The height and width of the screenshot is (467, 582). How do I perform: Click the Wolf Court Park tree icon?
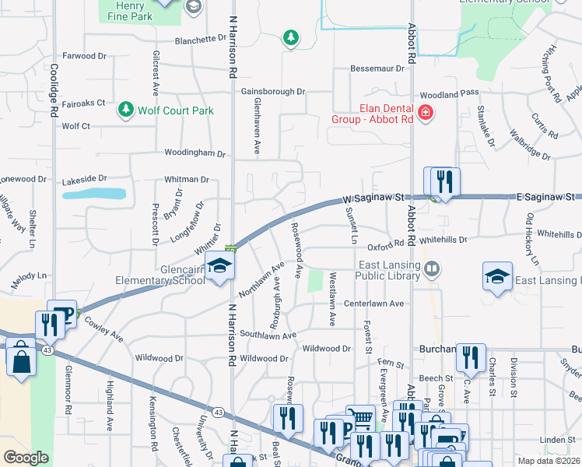[x=125, y=110]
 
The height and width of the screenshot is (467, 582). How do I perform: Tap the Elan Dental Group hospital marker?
[x=425, y=114]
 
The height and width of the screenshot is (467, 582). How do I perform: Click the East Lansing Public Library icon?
[x=433, y=269]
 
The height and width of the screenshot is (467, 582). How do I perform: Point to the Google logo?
[x=26, y=458]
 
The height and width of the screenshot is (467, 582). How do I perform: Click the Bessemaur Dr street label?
[x=378, y=68]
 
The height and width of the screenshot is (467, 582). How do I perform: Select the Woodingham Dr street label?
[x=195, y=153]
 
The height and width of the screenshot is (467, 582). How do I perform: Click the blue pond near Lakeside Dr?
[x=94, y=193]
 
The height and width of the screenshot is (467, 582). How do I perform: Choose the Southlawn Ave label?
[x=268, y=335]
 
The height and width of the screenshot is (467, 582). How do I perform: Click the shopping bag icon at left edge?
[x=21, y=360]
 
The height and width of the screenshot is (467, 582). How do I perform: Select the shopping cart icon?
[x=359, y=421]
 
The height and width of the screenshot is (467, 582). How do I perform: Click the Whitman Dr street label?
[x=187, y=179]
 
